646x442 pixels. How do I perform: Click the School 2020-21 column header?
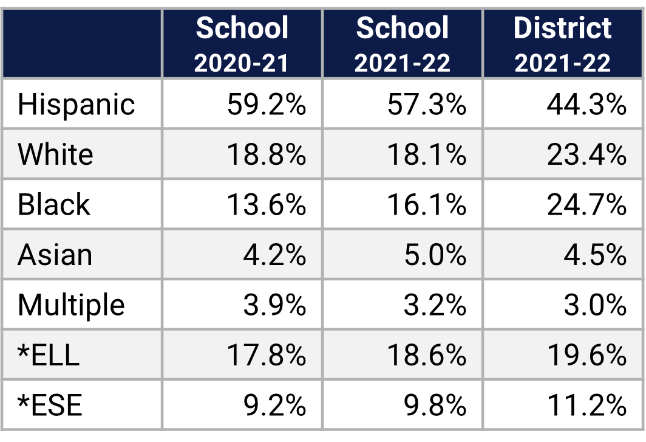click(x=242, y=44)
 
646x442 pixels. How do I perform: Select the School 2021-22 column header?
click(x=402, y=44)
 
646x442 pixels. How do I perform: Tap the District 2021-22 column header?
click(x=562, y=44)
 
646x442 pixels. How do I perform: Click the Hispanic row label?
click(x=76, y=104)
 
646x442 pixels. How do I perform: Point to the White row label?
click(x=55, y=154)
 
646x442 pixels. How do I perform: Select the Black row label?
click(x=53, y=205)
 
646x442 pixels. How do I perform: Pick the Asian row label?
click(x=55, y=255)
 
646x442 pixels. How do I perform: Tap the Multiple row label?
click(x=71, y=305)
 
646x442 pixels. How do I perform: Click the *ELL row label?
click(x=49, y=355)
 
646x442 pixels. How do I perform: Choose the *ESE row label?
click(x=50, y=405)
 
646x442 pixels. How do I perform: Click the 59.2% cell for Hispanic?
click(x=266, y=104)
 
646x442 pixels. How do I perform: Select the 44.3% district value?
click(x=586, y=104)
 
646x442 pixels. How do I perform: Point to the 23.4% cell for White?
click(x=586, y=154)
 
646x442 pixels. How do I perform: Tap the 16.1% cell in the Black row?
click(x=426, y=205)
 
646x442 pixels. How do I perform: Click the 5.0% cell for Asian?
click(x=435, y=255)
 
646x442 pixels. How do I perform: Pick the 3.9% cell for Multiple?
click(x=274, y=305)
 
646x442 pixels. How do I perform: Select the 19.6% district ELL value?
click(x=586, y=355)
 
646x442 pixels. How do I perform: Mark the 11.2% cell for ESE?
click(x=586, y=405)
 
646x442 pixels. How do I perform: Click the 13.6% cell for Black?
click(x=266, y=205)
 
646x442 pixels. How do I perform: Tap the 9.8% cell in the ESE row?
click(x=435, y=405)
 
